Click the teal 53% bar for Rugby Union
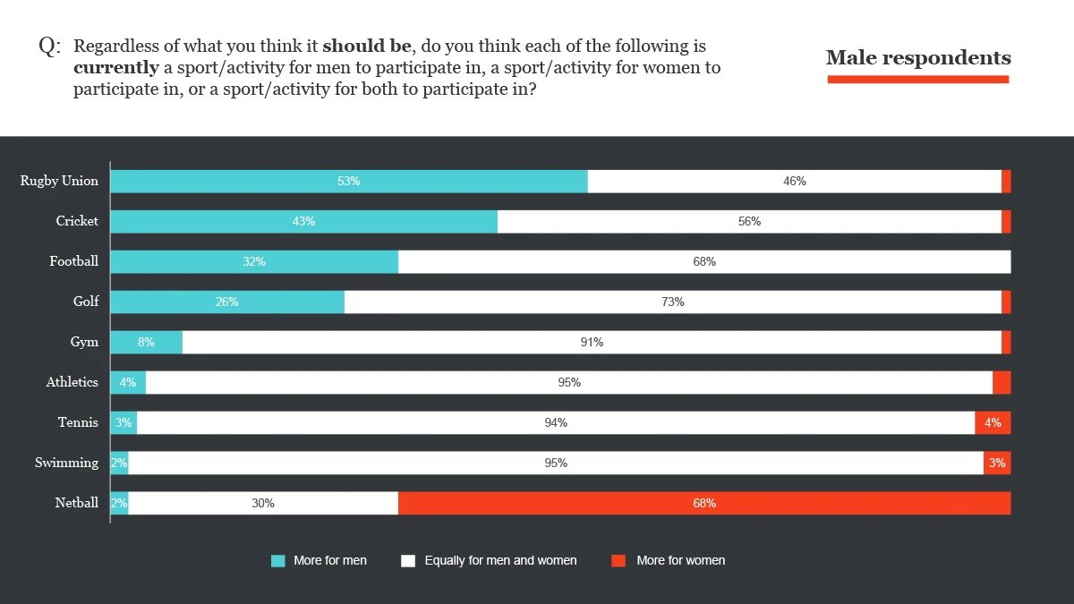click(349, 181)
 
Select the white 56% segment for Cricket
click(749, 221)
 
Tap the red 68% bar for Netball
click(704, 503)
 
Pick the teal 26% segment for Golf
click(227, 302)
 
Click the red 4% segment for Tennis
click(993, 422)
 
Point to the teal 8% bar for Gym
click(146, 342)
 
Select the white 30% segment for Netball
click(263, 503)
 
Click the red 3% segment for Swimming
click(997, 463)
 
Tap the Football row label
click(74, 261)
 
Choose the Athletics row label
click(72, 382)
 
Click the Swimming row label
click(67, 463)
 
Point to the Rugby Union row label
click(60, 181)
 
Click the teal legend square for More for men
click(278, 561)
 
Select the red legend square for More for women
click(618, 561)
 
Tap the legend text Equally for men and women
click(500, 561)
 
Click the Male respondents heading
click(918, 58)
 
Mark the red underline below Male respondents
click(918, 80)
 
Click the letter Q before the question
click(47, 47)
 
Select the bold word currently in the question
click(116, 68)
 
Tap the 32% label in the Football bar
click(254, 261)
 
